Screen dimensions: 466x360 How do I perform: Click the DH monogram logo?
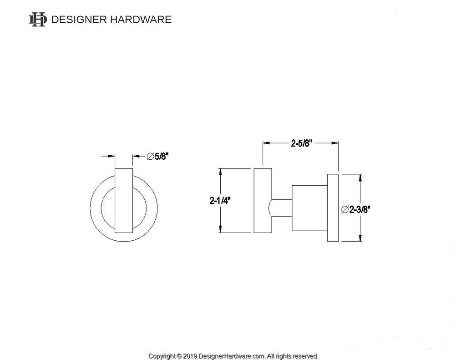click(38, 20)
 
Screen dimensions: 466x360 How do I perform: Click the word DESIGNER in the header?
click(79, 20)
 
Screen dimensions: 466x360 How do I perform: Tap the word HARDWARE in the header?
click(141, 20)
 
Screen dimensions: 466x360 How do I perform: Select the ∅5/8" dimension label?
click(157, 156)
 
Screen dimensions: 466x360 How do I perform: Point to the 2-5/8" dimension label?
click(301, 143)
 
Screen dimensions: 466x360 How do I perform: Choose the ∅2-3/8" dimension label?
click(355, 209)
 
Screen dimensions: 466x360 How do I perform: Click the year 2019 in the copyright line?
click(190, 356)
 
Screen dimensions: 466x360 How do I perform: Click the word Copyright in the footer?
click(162, 356)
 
